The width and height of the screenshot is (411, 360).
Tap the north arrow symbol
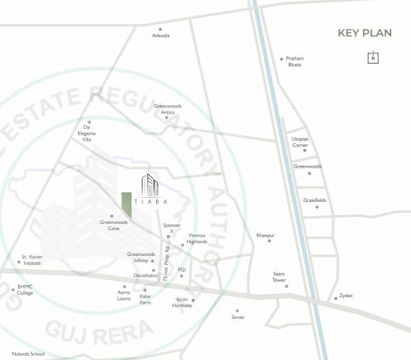[373, 57]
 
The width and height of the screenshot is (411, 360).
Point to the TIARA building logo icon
[149, 185]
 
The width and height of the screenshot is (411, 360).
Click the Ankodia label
[160, 36]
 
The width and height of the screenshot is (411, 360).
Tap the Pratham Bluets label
[295, 62]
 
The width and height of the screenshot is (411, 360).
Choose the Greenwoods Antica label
[169, 109]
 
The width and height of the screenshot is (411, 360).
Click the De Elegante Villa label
[87, 133]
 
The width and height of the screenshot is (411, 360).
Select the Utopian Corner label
[301, 142]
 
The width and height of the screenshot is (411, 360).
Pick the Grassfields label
[315, 200]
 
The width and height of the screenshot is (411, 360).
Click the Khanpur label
[265, 235]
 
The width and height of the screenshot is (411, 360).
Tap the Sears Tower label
[279, 277]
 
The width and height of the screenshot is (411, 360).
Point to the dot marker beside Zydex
[336, 298]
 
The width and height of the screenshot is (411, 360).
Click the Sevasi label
[238, 318]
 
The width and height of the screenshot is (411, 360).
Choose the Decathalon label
[145, 275]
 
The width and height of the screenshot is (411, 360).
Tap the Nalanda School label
[23, 354]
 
